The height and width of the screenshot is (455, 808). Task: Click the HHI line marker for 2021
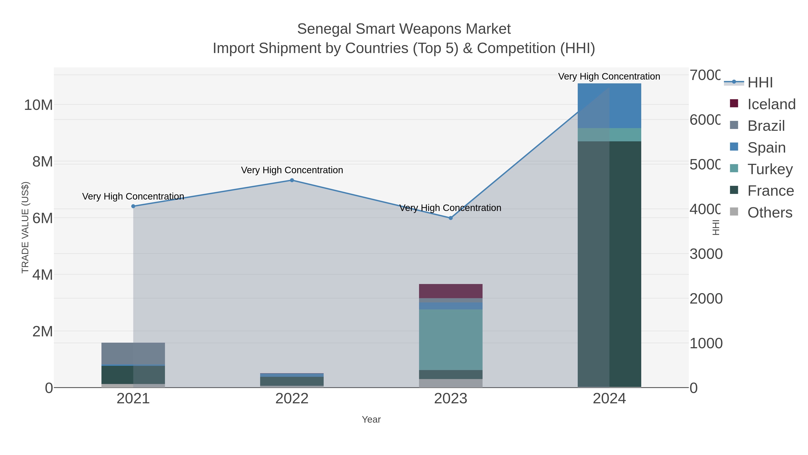click(133, 206)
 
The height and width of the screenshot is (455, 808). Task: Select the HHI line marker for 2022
click(292, 180)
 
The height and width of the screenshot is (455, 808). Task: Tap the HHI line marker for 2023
click(451, 218)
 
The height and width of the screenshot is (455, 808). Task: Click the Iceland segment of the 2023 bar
click(451, 291)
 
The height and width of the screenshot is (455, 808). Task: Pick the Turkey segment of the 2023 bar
click(451, 340)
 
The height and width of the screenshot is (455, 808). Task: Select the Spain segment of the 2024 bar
click(609, 106)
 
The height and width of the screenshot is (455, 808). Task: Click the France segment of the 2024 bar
click(609, 264)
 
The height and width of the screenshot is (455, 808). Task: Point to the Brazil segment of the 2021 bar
click(133, 353)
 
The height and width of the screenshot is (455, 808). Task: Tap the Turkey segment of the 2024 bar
click(609, 135)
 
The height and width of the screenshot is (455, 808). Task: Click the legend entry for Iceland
click(771, 104)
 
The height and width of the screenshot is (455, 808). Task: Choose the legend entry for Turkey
click(770, 169)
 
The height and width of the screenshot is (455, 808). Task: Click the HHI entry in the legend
click(760, 83)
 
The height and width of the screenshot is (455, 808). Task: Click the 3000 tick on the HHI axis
click(706, 254)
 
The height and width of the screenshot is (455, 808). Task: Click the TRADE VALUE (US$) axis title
click(25, 227)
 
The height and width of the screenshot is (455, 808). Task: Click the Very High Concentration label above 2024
click(609, 77)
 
